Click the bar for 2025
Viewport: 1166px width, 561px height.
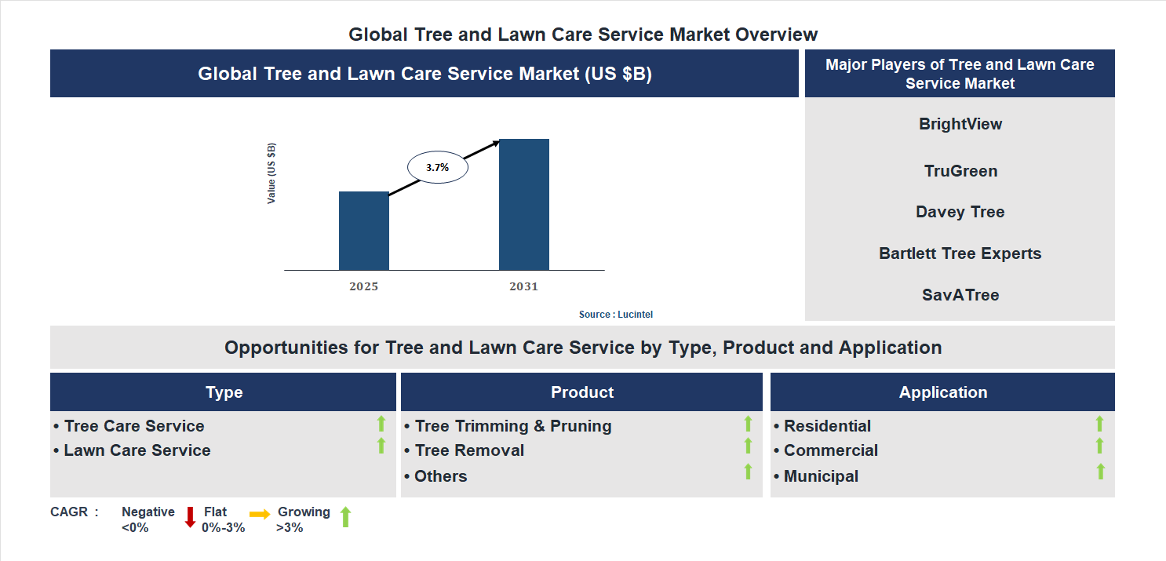[363, 231]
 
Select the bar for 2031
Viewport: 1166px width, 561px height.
[523, 204]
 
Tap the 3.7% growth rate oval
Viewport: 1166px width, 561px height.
[437, 167]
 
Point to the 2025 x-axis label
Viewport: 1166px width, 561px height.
[363, 286]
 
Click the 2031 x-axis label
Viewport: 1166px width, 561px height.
[523, 286]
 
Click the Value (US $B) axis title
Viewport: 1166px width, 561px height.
[271, 173]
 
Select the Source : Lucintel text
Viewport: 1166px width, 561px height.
[615, 314]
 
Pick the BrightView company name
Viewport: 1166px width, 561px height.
[960, 124]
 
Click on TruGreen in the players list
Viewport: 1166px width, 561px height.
[960, 171]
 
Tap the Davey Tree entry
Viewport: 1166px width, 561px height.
[960, 212]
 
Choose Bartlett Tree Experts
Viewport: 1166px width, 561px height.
[960, 253]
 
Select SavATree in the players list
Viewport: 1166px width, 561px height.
[960, 295]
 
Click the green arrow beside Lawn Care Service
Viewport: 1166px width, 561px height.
[381, 446]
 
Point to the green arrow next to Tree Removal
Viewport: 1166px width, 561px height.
[748, 446]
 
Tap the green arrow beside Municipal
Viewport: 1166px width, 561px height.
[1100, 471]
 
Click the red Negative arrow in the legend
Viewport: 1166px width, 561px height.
[190, 517]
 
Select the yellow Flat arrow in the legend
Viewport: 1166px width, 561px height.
[260, 514]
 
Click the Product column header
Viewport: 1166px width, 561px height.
[581, 392]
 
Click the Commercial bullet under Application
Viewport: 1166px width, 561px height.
[830, 450]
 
